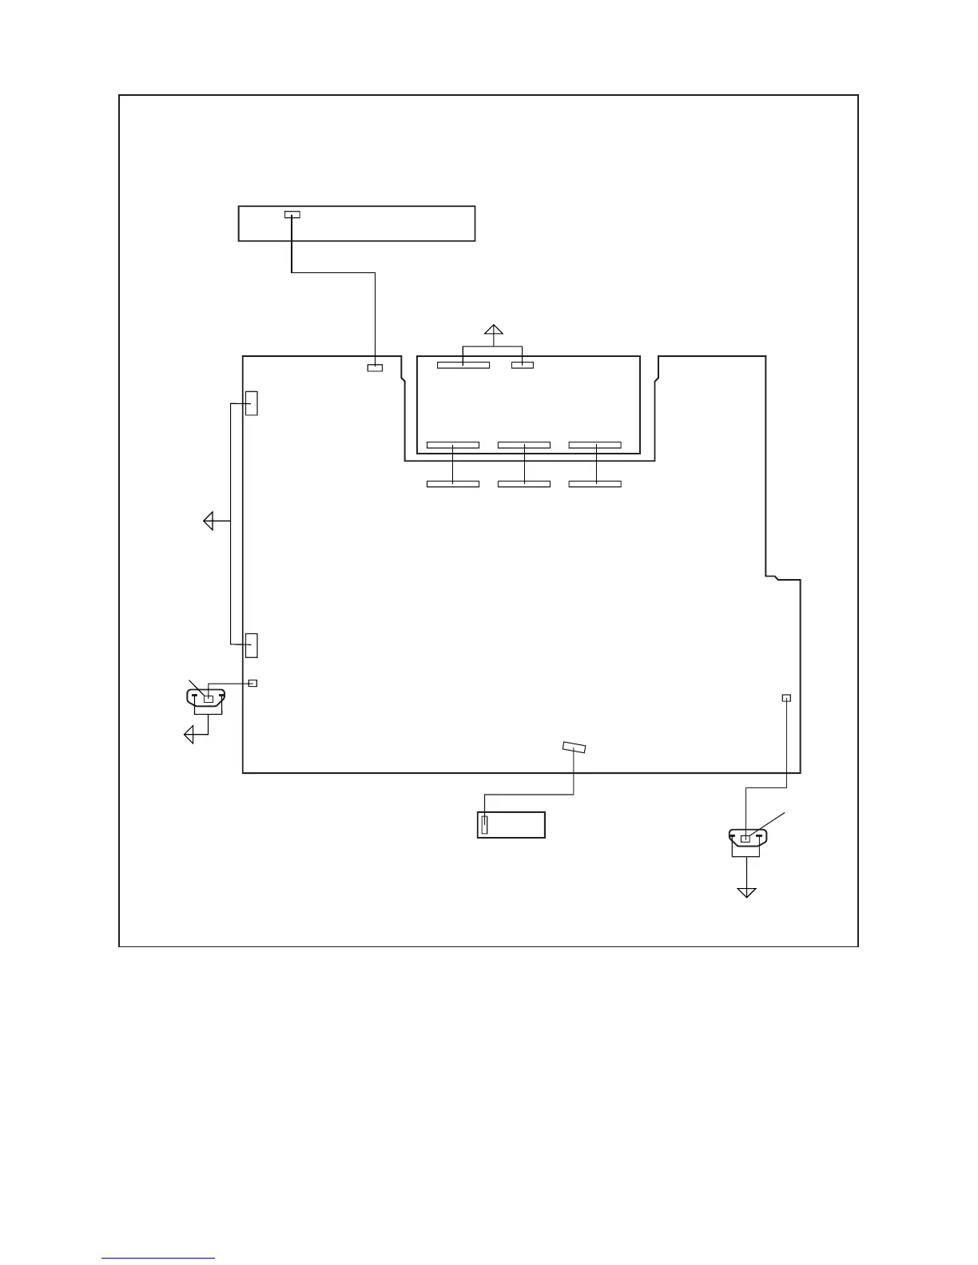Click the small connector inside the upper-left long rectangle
point(292,215)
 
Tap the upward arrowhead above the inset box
point(494,330)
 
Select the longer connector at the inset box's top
point(463,365)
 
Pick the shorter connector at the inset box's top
point(523,365)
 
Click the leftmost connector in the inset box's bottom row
point(453,445)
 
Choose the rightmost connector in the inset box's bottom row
point(595,445)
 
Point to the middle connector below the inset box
point(524,484)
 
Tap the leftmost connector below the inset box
point(453,484)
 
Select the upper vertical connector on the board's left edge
point(252,403)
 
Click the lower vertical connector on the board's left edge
point(252,644)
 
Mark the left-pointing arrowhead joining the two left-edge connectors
point(209,521)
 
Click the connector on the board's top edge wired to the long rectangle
point(375,367)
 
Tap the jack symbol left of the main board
point(207,697)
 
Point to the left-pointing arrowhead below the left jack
point(189,733)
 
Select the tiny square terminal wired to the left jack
point(253,683)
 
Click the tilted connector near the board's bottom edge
point(574,747)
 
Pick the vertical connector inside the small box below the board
point(484,824)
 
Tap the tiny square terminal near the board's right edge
point(786,698)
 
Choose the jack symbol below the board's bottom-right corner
point(747,838)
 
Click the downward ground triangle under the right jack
point(746,892)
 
